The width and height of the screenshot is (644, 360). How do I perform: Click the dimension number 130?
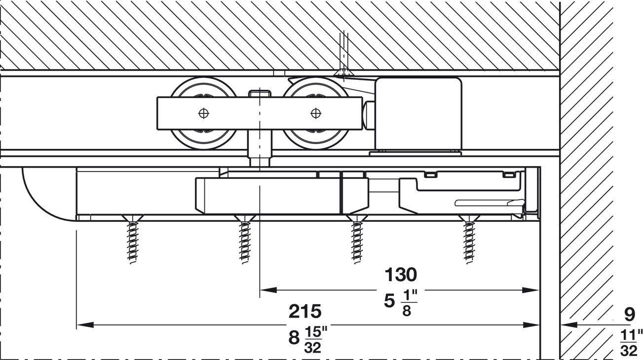coord(401,274)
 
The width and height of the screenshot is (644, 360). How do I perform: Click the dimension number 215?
coord(305,311)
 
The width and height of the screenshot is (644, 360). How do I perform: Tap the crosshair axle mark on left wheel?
coord(203,113)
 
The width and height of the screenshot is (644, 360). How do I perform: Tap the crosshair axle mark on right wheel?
coord(316,113)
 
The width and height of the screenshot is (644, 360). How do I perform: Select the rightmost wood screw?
coord(469,239)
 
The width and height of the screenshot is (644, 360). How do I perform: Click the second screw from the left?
coord(245,239)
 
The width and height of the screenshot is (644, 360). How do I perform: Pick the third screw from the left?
coord(357,239)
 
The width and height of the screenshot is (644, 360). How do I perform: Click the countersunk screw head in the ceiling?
coord(344,73)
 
